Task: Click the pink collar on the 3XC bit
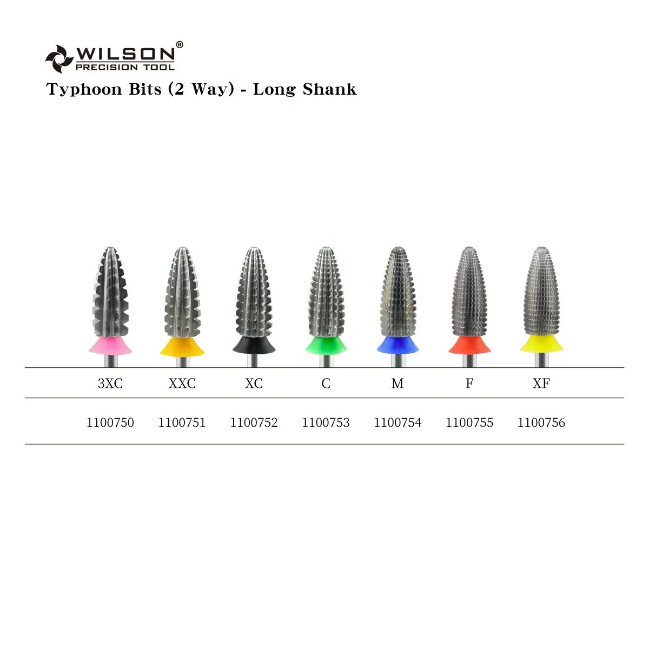click(x=110, y=345)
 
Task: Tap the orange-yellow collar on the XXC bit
click(x=182, y=346)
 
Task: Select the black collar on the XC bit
click(x=254, y=345)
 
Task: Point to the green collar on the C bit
click(x=326, y=345)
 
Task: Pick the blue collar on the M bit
click(x=398, y=345)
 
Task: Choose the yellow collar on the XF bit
click(x=541, y=343)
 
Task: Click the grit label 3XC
click(x=110, y=383)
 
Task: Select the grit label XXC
click(x=182, y=383)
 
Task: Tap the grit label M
click(x=398, y=383)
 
